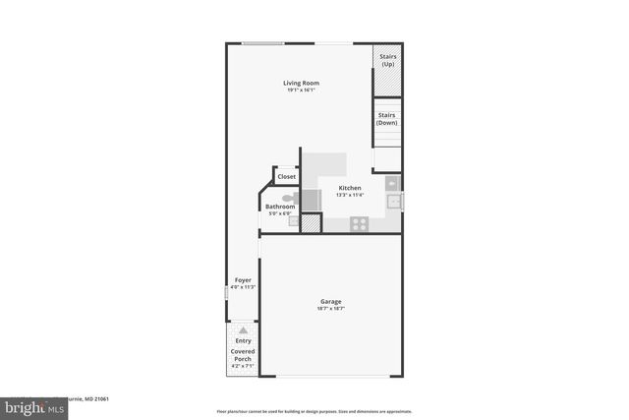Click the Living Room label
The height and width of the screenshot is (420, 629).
pos(302,83)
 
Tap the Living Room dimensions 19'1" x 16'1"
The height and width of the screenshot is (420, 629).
pos(302,90)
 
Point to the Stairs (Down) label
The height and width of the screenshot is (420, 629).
pos(387,119)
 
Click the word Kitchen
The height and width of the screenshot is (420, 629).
pos(350,188)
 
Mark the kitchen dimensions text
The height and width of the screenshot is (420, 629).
pos(350,195)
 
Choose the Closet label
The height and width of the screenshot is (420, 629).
pos(286,177)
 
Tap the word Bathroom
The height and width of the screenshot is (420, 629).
pos(280,207)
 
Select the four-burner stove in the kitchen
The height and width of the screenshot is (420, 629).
pos(360,223)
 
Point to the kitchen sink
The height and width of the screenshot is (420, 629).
pos(392,202)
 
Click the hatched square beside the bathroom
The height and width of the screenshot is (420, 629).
pos(312,223)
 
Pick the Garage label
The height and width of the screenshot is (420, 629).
pos(330,301)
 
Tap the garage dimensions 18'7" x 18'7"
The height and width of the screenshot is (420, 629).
pos(330,309)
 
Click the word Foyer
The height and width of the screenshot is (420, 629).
pos(242,280)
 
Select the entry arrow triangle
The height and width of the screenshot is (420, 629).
pos(242,330)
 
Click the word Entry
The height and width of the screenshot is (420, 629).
pos(242,341)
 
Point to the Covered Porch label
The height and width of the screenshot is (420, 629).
pos(242,355)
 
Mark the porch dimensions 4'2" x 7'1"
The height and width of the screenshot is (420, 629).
pos(242,367)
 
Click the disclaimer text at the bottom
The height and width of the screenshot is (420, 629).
pos(314,411)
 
